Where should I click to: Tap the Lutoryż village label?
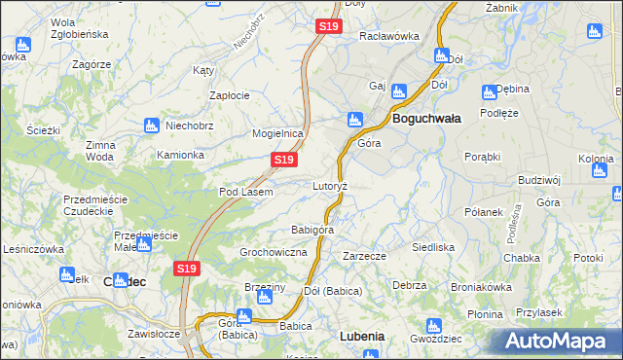click(x=330, y=185)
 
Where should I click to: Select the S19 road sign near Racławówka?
click(x=328, y=27)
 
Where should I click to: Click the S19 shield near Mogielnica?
click(x=282, y=159)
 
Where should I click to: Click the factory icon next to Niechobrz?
click(x=151, y=126)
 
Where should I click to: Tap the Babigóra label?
click(x=312, y=230)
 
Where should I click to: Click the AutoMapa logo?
click(x=557, y=342)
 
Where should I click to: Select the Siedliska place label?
click(x=433, y=247)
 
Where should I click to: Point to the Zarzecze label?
click(x=364, y=256)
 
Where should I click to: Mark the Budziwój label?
click(x=539, y=180)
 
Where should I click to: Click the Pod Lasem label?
click(x=245, y=192)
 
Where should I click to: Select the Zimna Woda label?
click(x=100, y=150)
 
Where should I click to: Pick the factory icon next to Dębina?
click(x=490, y=92)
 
